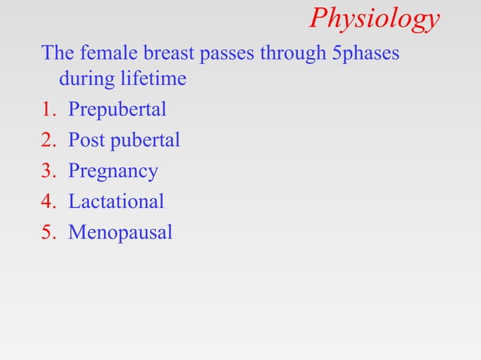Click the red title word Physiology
click(374, 20)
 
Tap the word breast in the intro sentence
click(164, 54)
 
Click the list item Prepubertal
click(117, 110)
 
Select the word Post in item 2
click(86, 140)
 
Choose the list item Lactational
click(116, 202)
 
